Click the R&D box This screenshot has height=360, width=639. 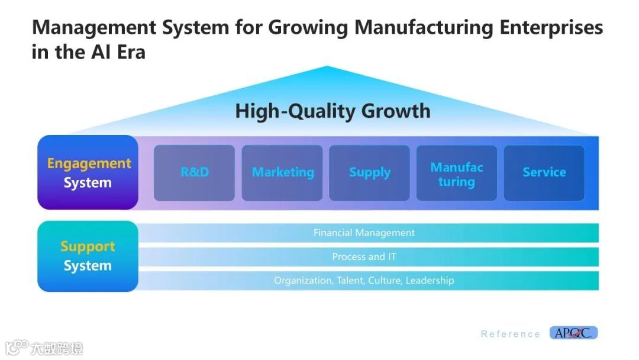(x=194, y=173)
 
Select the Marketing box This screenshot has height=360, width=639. (x=282, y=173)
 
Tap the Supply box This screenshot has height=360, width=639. (x=369, y=173)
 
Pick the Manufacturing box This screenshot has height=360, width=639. (x=457, y=173)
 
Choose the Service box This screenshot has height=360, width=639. (x=544, y=173)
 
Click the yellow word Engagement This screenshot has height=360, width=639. (x=89, y=164)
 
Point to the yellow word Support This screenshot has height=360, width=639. (x=88, y=246)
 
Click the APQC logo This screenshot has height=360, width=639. (x=573, y=333)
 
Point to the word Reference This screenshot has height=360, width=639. (x=510, y=334)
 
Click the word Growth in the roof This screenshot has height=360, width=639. (x=396, y=111)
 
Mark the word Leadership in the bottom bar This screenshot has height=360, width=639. (x=430, y=281)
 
